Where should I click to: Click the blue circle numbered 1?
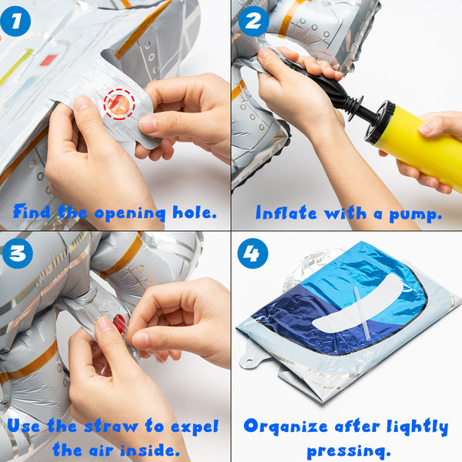(x=15, y=22)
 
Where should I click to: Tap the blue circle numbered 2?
(x=253, y=22)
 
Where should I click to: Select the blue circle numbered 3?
(x=18, y=253)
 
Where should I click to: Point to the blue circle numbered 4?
(x=253, y=253)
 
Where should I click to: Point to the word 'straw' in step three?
(x=111, y=427)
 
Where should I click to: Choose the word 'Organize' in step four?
(x=286, y=427)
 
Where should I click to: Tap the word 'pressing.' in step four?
(x=349, y=451)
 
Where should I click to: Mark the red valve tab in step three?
(x=120, y=323)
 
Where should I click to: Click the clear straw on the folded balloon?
(x=362, y=313)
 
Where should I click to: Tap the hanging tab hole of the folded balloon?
(x=249, y=361)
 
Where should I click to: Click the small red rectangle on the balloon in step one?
(x=49, y=60)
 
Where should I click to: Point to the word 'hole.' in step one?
(x=195, y=213)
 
